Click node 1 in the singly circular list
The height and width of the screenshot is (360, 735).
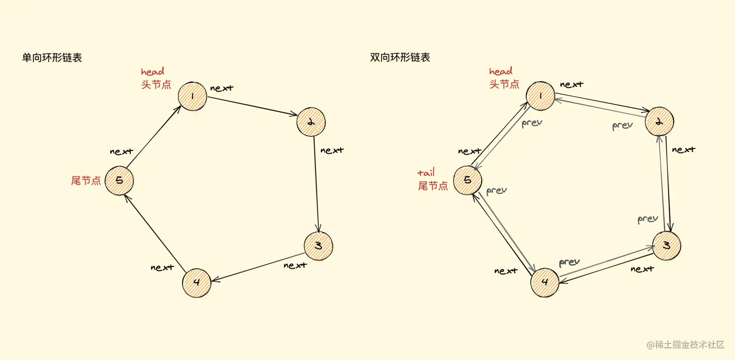[192, 96]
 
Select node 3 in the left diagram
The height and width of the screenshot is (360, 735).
[318, 246]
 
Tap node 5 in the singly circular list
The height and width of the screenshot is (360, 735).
[119, 180]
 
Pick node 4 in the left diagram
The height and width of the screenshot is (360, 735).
[197, 282]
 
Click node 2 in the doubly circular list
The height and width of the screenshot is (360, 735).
[660, 121]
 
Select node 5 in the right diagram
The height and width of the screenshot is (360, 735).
[468, 180]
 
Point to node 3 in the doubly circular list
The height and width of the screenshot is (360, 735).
[666, 245]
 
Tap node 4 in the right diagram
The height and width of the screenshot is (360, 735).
[545, 282]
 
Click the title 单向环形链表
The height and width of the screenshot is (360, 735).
[52, 58]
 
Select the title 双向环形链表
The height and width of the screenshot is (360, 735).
[400, 58]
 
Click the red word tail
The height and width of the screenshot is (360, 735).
[426, 172]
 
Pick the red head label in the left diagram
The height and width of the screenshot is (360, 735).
[153, 72]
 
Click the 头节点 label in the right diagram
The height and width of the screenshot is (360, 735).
[504, 84]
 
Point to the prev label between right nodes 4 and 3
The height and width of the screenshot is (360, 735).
[569, 262]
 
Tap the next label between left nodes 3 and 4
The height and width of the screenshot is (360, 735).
[295, 265]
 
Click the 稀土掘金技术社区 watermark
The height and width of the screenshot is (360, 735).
[685, 345]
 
